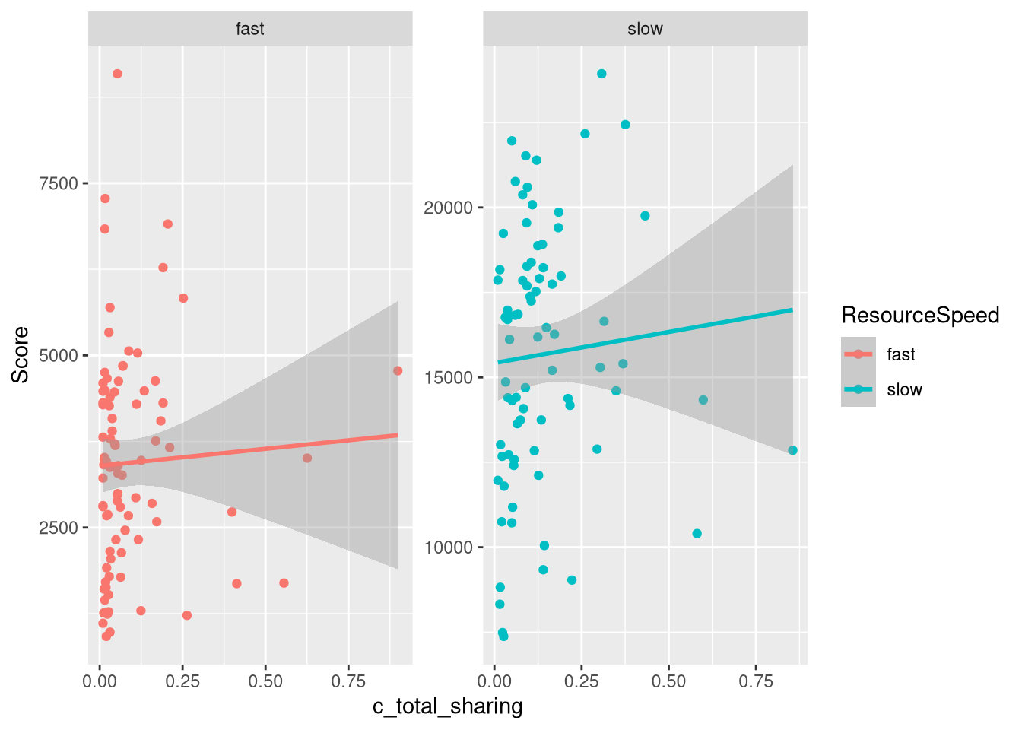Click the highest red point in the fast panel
[x=117, y=74]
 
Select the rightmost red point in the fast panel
[x=398, y=371]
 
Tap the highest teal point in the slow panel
[x=601, y=74]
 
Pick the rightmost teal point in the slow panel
[x=792, y=450]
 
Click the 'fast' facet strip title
[x=250, y=30]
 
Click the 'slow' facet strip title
[x=645, y=30]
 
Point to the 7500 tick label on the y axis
[x=59, y=184]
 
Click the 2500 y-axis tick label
[x=59, y=528]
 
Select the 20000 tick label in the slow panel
[x=448, y=208]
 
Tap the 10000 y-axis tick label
[x=448, y=548]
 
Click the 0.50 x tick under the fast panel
[x=265, y=681]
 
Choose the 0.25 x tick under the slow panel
[x=582, y=681]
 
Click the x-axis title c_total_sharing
[x=447, y=707]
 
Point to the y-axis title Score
[x=21, y=354]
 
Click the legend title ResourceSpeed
[x=920, y=316]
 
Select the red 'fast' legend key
[x=859, y=354]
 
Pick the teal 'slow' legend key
[x=859, y=389]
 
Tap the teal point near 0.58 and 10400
[x=697, y=534]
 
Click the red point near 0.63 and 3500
[x=307, y=459]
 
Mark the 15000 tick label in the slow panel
[x=448, y=378]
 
